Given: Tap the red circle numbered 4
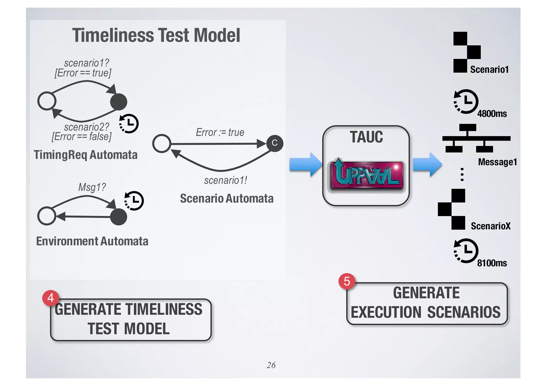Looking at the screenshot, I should pyautogui.click(x=50, y=298).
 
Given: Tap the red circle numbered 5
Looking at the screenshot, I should pyautogui.click(x=347, y=281).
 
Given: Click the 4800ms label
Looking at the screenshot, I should pyautogui.click(x=492, y=114).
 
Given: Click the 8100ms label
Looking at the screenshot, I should pyautogui.click(x=492, y=263).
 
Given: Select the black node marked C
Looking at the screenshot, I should pyautogui.click(x=275, y=143).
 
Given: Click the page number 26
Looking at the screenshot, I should pyautogui.click(x=271, y=365).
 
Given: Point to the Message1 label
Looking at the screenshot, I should pyautogui.click(x=497, y=162).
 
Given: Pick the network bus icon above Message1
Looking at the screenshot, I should pyautogui.click(x=476, y=138).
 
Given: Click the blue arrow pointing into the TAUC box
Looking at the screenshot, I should pyautogui.click(x=305, y=164).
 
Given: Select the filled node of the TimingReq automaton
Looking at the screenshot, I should pyautogui.click(x=119, y=102).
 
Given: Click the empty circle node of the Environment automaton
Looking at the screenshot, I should pyautogui.click(x=47, y=216).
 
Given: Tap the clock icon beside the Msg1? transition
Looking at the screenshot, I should pyautogui.click(x=134, y=201).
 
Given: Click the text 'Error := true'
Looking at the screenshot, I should pyautogui.click(x=220, y=132).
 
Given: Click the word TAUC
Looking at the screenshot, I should pyautogui.click(x=366, y=137).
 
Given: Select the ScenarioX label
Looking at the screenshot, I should pyautogui.click(x=490, y=226).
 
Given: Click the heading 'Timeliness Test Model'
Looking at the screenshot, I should pyautogui.click(x=156, y=35).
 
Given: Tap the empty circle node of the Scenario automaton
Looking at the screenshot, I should pyautogui.click(x=162, y=144).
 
